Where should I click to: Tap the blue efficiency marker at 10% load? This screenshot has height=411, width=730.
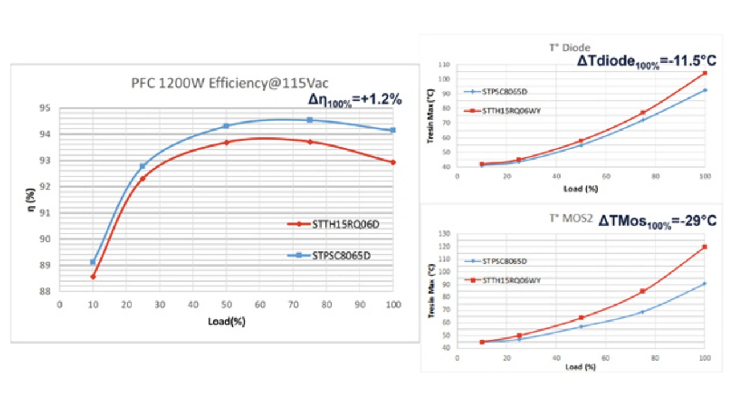click(93, 262)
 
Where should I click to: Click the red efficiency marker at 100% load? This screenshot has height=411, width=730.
click(393, 162)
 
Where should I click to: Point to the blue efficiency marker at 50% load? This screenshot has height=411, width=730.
click(226, 126)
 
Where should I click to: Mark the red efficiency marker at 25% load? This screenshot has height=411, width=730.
click(143, 178)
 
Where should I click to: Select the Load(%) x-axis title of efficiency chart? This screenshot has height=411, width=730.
click(226, 322)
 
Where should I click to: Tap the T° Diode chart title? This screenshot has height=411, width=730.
click(570, 48)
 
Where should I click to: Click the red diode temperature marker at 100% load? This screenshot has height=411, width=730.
click(705, 73)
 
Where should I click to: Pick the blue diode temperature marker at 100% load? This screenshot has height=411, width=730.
click(705, 90)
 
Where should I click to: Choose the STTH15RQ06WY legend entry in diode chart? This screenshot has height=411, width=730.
click(511, 111)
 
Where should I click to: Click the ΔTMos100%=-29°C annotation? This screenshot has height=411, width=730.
click(657, 222)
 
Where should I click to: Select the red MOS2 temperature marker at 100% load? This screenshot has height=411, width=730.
click(705, 247)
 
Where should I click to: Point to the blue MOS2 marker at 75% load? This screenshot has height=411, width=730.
click(643, 312)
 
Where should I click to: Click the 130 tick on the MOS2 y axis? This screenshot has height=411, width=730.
click(444, 234)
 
